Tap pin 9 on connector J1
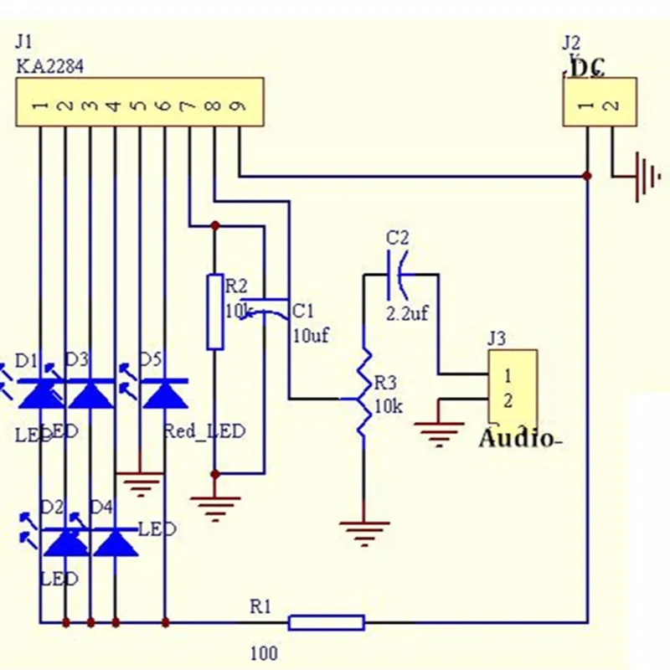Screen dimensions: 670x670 point(239,106)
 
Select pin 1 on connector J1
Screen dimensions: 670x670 point(39,106)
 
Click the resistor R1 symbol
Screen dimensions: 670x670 point(326,622)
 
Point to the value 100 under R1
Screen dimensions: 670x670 point(263,653)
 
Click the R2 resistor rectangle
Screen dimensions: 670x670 point(215,311)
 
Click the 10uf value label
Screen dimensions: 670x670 point(310,336)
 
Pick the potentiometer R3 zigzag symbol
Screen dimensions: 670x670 point(363,394)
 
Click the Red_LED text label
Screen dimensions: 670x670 point(204,431)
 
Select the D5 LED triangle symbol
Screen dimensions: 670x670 point(165,393)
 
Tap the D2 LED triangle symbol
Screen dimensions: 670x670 point(65,543)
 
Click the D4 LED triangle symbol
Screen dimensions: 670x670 point(115,543)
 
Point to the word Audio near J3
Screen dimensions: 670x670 point(516,438)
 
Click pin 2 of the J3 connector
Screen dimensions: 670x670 point(508,400)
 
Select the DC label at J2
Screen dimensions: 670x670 point(588,68)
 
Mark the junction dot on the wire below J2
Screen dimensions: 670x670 point(588,176)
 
